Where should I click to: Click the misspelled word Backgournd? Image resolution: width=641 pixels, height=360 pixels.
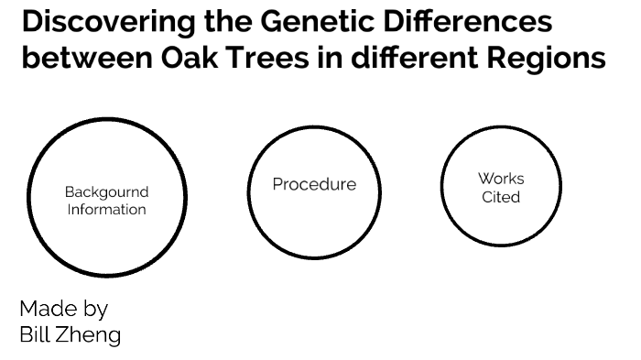point(106,192)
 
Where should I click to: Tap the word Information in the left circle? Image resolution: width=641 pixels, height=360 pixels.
point(106,209)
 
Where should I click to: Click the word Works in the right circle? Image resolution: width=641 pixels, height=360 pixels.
point(501,179)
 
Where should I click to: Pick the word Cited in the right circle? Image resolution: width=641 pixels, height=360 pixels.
point(501,197)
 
